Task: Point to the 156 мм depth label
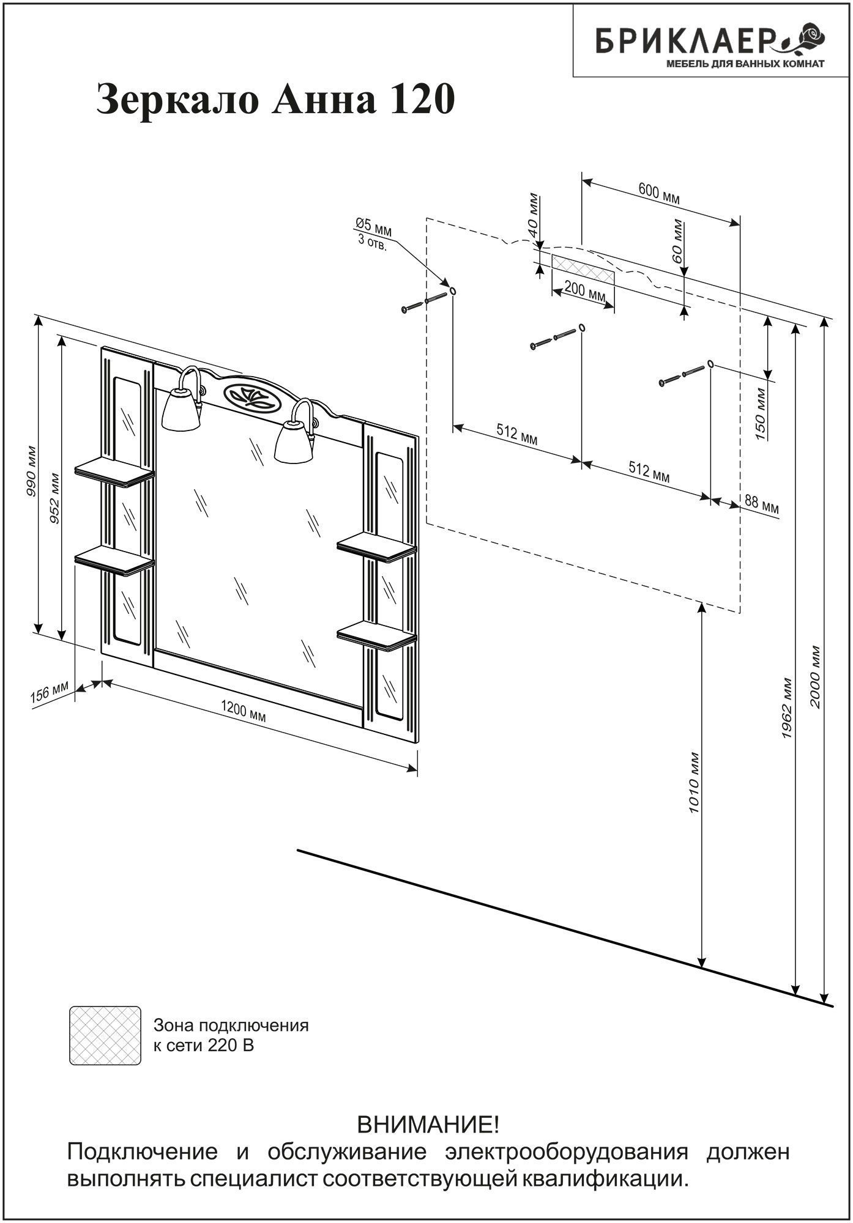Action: tap(50, 693)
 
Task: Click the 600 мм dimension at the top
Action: tap(659, 194)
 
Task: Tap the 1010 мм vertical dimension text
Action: tap(694, 781)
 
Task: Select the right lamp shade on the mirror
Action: tap(294, 442)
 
